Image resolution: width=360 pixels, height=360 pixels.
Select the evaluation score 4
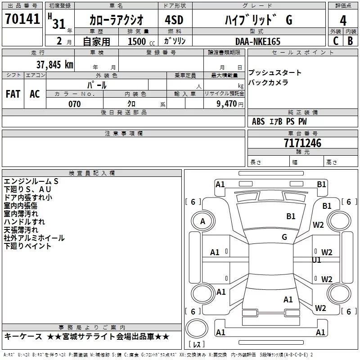(x=343, y=20)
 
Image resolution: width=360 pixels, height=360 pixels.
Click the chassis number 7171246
(x=302, y=144)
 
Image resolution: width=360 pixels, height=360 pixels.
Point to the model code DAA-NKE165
(x=258, y=41)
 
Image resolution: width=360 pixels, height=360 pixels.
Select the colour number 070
(x=75, y=104)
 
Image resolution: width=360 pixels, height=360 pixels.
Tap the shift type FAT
(x=13, y=94)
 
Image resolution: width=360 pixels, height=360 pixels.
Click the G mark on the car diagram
(x=284, y=237)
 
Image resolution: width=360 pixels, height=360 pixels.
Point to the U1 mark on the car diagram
(x=317, y=260)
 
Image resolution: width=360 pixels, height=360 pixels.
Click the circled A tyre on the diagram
(x=202, y=221)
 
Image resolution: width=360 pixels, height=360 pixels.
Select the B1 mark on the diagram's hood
(x=291, y=216)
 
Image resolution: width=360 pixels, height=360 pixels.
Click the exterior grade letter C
(x=335, y=41)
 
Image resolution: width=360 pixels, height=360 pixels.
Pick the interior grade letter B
(x=350, y=41)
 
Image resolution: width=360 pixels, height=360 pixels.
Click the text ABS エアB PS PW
(x=279, y=121)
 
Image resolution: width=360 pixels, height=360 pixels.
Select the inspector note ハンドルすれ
(x=24, y=221)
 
